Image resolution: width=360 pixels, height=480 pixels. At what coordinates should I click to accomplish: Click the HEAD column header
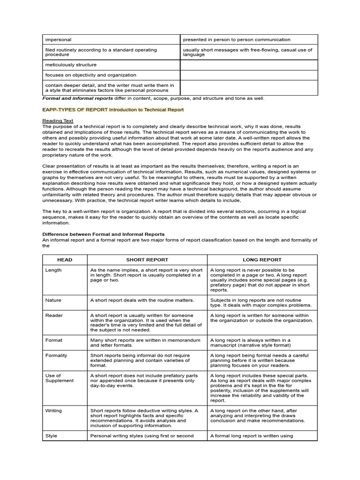[64, 260]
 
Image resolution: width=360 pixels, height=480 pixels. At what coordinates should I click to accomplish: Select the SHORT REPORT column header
[147, 260]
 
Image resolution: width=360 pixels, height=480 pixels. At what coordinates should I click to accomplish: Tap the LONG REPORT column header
[262, 260]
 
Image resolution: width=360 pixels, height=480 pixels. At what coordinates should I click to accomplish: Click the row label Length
[53, 270]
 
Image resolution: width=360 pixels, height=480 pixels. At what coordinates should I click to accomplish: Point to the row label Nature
[53, 300]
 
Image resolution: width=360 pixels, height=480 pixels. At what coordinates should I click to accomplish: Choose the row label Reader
[53, 315]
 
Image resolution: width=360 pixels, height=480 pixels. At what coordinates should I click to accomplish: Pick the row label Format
[54, 340]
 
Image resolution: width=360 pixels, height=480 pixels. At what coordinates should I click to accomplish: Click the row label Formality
[56, 355]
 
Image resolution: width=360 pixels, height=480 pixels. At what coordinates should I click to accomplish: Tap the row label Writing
[53, 411]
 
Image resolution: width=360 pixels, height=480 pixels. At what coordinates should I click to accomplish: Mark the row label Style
[52, 436]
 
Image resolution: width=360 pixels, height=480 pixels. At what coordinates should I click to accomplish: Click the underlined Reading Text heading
[58, 120]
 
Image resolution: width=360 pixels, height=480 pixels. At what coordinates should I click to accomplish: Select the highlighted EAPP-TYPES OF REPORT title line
[113, 110]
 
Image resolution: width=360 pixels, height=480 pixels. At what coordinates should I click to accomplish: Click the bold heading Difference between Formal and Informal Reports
[104, 234]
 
